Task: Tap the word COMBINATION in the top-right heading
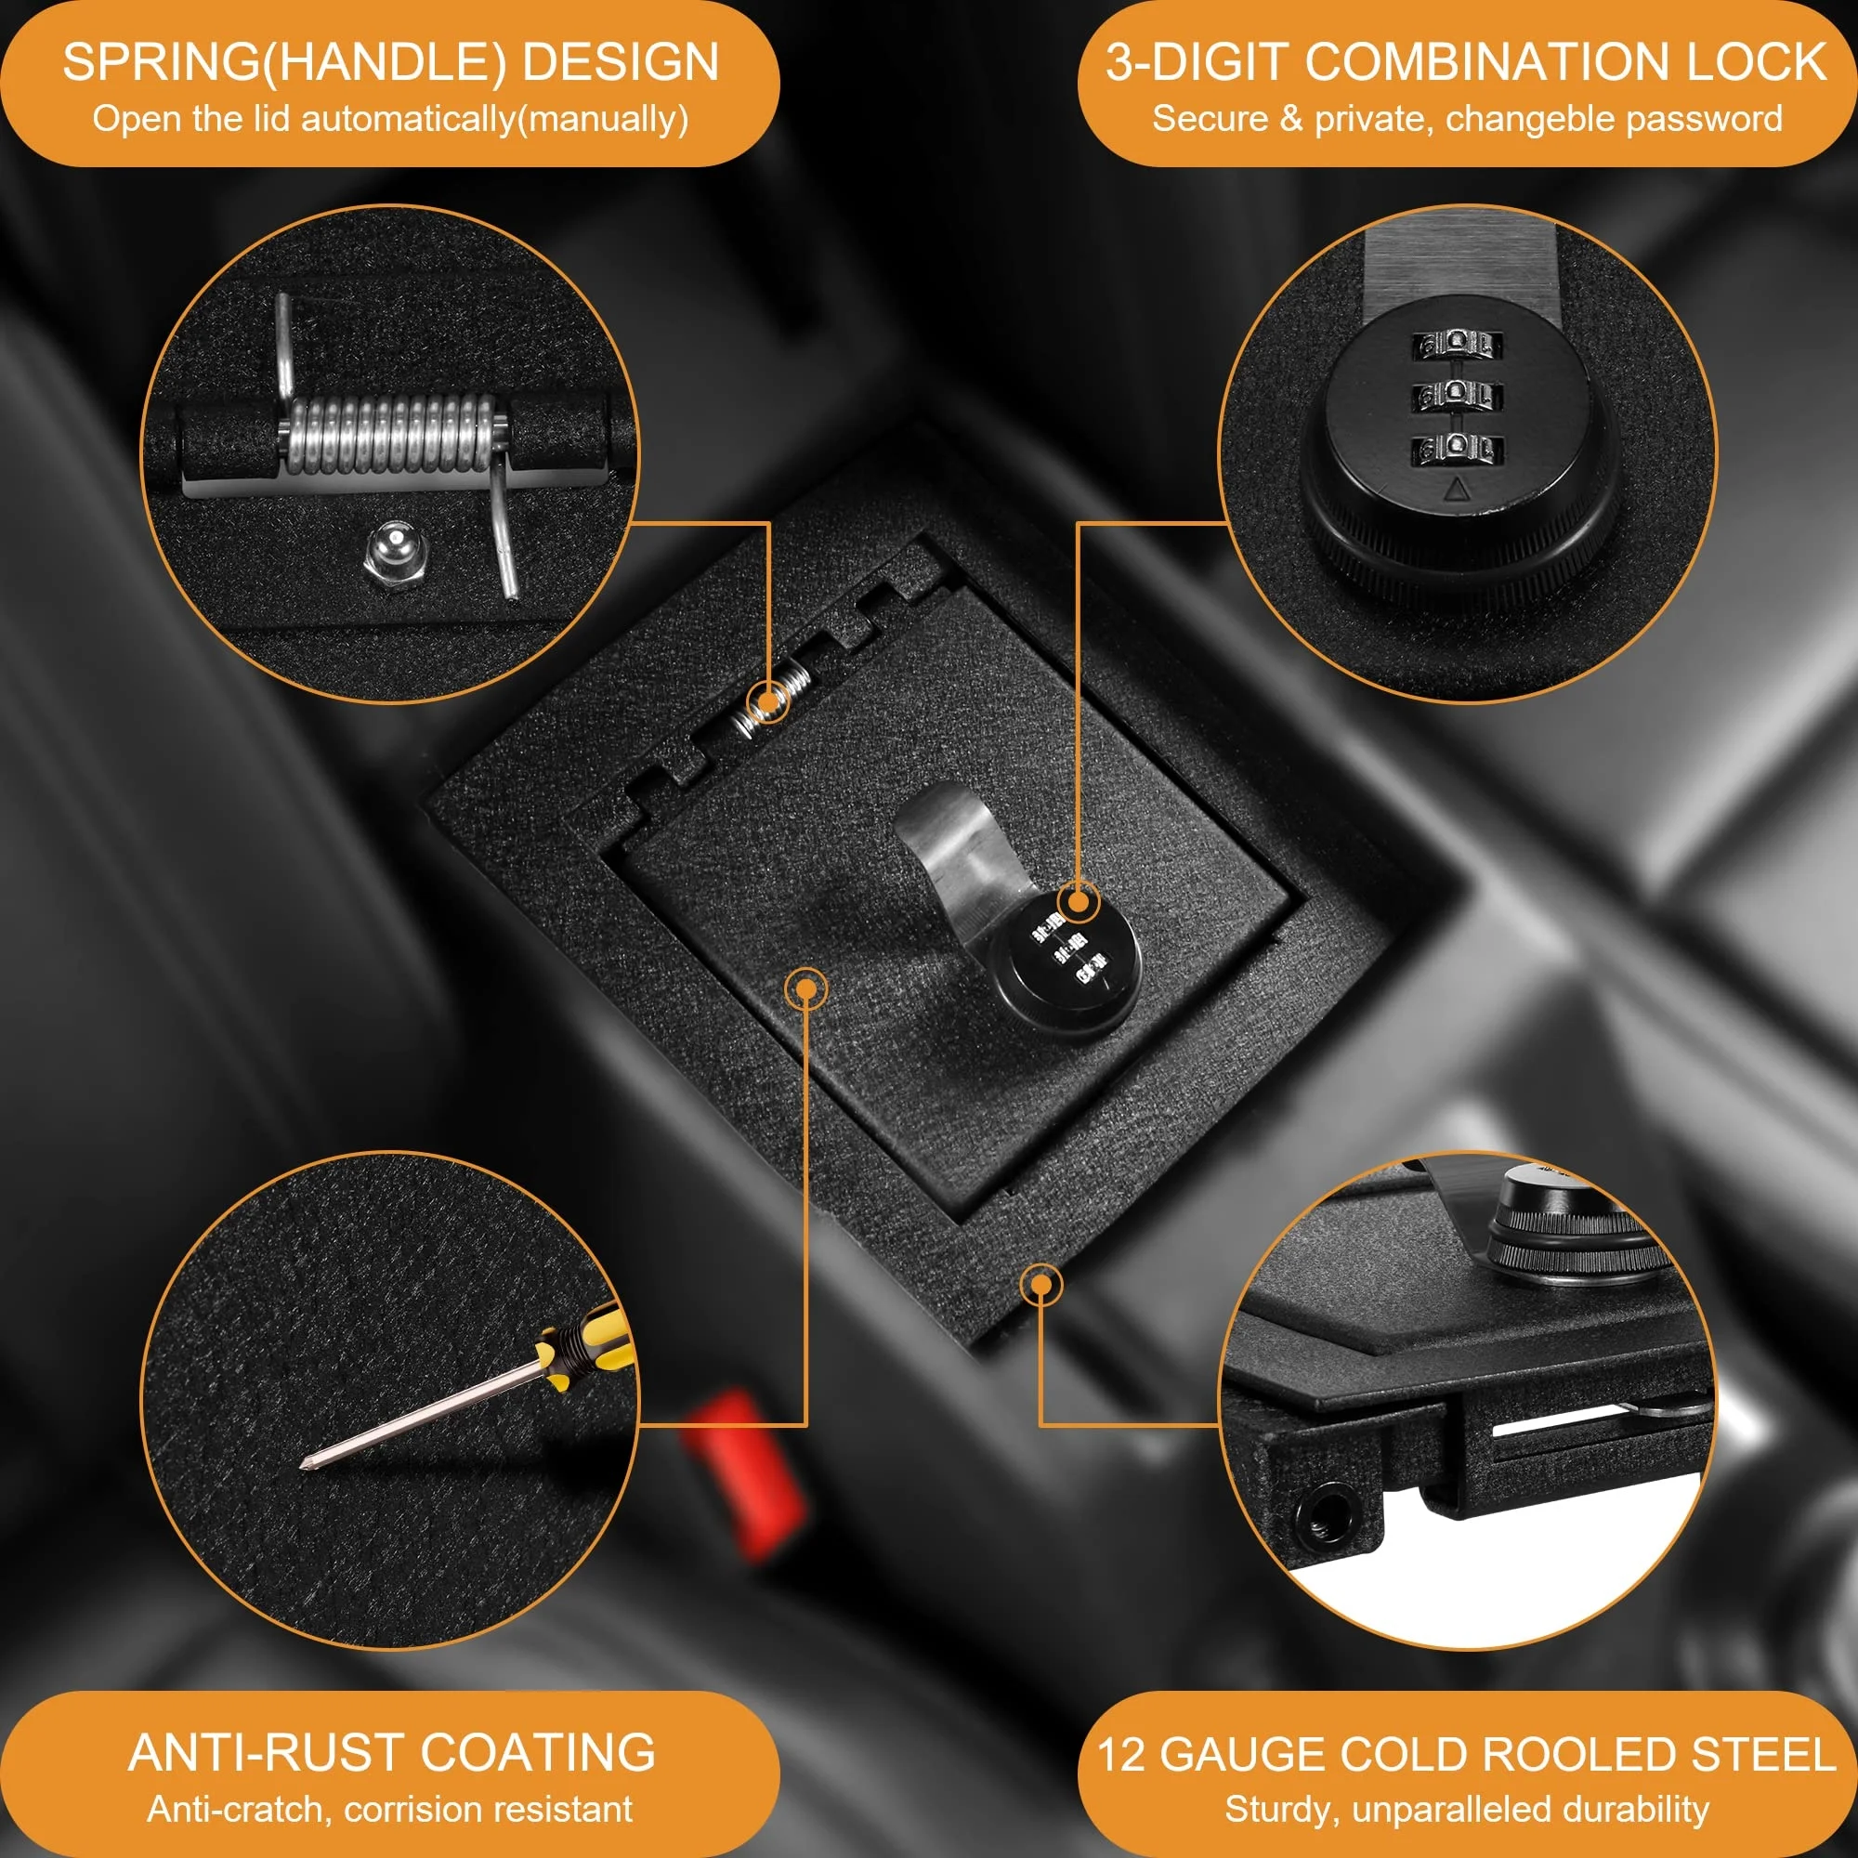coord(1491,63)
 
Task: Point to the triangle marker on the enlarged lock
coord(1458,491)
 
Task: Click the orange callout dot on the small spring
coord(769,702)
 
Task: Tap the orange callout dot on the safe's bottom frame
coord(1040,1285)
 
